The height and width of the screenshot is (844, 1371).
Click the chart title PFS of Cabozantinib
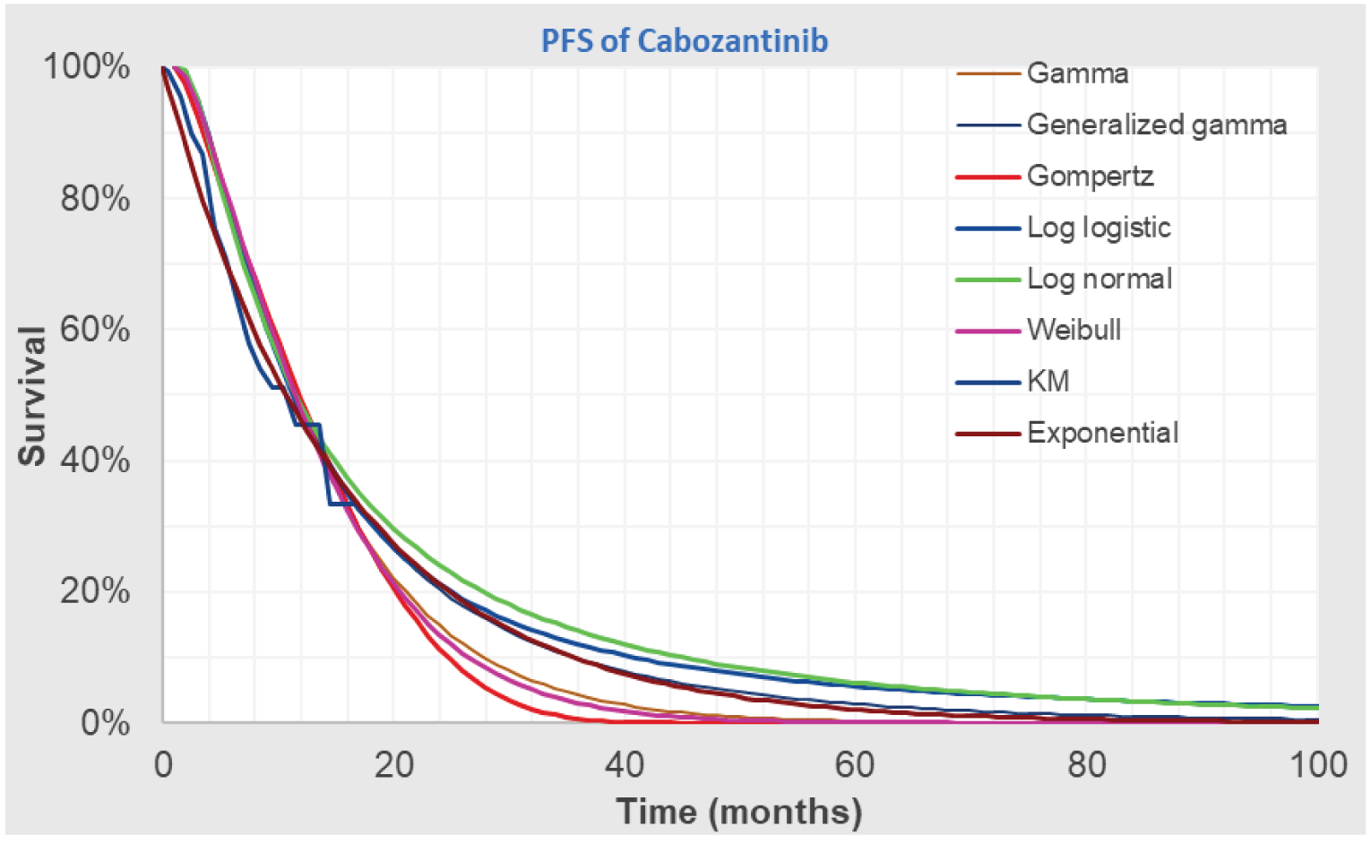(x=685, y=41)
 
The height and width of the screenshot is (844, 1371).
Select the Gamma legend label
(x=1077, y=73)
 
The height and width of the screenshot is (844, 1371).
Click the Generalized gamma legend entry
(x=1156, y=125)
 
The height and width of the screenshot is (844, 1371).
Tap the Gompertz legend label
(x=1090, y=176)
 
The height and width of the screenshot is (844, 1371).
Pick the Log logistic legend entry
(x=1099, y=228)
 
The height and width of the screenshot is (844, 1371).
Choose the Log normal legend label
(x=1099, y=279)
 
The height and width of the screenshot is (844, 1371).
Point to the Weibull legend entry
(x=1074, y=330)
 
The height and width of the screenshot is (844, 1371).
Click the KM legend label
(x=1048, y=382)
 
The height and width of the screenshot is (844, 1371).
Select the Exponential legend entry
(x=1102, y=433)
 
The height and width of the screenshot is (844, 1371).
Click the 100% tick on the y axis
(x=87, y=67)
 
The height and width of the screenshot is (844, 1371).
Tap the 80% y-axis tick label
(x=95, y=198)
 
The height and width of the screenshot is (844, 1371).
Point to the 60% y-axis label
(x=95, y=329)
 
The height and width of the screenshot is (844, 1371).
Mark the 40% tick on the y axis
(x=95, y=461)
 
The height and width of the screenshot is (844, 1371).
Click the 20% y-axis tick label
(x=95, y=591)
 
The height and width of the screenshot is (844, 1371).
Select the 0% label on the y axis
(x=105, y=722)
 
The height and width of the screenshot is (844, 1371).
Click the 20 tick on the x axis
(x=393, y=765)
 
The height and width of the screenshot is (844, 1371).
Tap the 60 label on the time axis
(x=855, y=765)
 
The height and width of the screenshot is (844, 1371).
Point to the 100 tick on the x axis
(x=1317, y=765)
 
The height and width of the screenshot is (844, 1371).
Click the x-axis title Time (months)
(x=739, y=812)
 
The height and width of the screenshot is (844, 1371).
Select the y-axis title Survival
(x=32, y=395)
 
